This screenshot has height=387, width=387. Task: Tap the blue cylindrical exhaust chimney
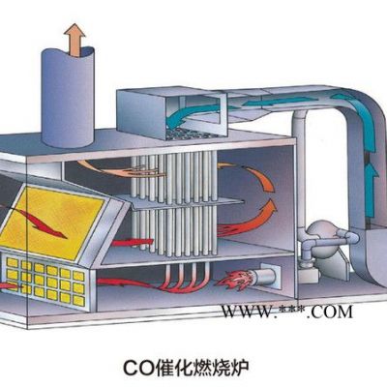coord(68,98)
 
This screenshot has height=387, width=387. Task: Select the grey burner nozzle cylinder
coord(265,276)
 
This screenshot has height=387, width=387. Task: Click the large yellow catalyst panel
coord(51,223)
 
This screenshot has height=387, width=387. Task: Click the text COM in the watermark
coord(331,312)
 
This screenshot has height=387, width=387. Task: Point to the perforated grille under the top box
coord(191,133)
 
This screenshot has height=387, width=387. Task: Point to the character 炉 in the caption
coord(240,369)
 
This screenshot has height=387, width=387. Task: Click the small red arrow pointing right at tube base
coord(133,242)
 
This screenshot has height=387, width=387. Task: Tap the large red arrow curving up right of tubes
coord(248,220)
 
